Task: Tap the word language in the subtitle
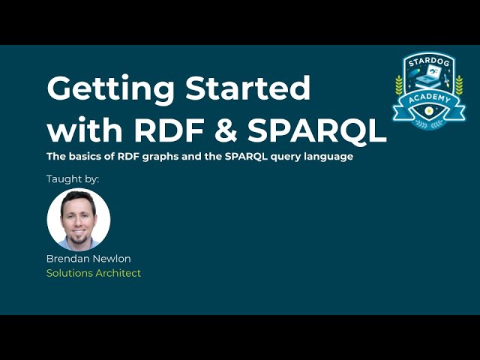[x=326, y=157]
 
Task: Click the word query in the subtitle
[x=282, y=157]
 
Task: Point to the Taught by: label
[x=73, y=179]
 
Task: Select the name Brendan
[x=67, y=259]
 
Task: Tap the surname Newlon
[x=112, y=259]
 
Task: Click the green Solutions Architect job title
[x=94, y=273]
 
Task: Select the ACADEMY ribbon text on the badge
[x=429, y=100]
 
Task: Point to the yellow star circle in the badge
[x=429, y=110]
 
